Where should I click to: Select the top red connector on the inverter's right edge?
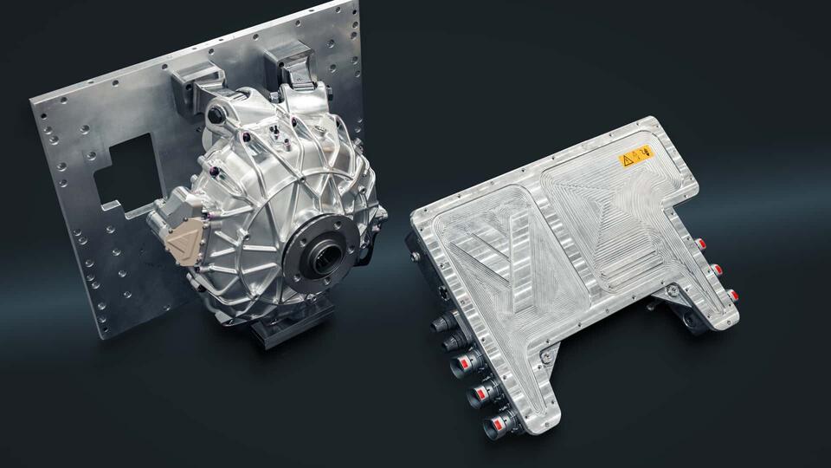(x=697, y=244)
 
